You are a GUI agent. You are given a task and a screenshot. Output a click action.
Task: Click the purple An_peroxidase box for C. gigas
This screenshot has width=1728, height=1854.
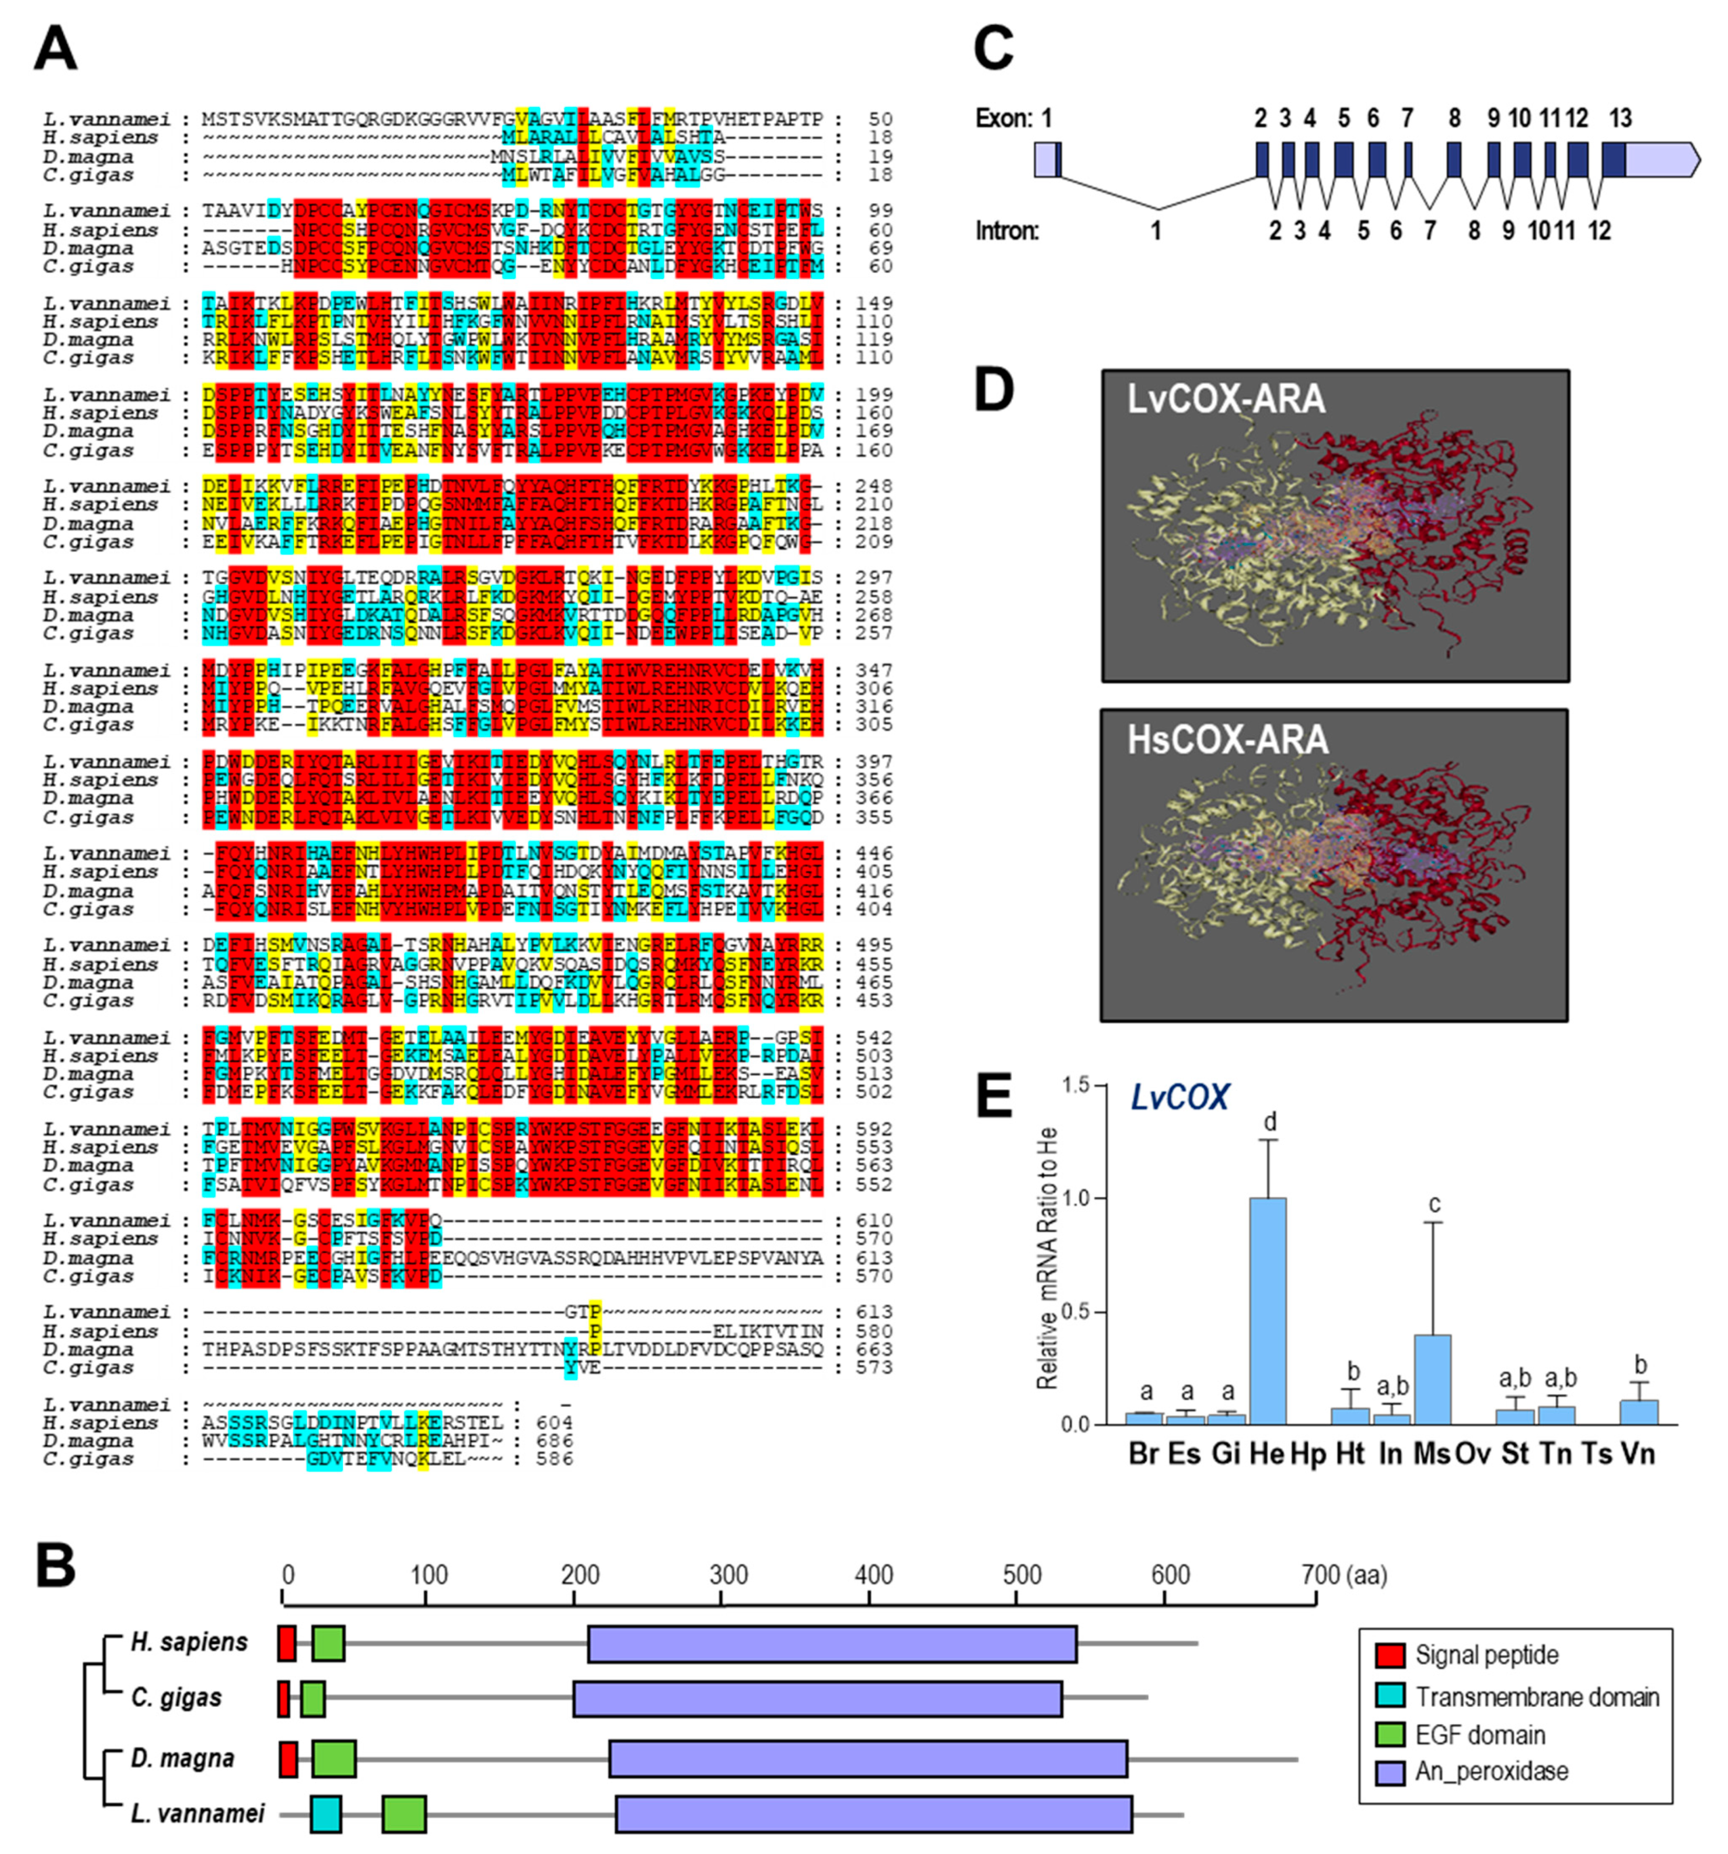coord(817,1699)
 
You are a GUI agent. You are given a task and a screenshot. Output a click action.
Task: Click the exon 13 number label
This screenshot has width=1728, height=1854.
coord(1620,119)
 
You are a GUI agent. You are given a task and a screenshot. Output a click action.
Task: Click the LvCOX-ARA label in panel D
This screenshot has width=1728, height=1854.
coord(1225,399)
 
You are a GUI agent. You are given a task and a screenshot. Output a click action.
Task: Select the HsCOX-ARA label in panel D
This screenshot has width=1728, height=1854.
coord(1227,739)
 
